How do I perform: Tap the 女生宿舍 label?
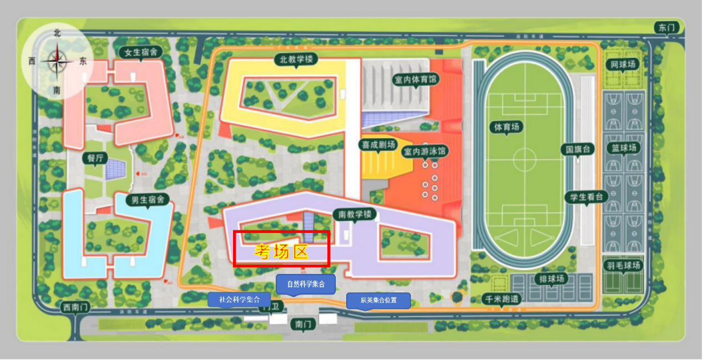pyautogui.click(x=141, y=52)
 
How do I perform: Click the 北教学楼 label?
pyautogui.click(x=294, y=59)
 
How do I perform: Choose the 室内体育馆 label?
pyautogui.click(x=416, y=79)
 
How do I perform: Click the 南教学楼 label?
pyautogui.click(x=355, y=214)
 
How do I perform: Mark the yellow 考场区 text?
pyautogui.click(x=281, y=252)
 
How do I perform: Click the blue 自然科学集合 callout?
pyautogui.click(x=306, y=284)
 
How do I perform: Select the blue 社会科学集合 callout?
pyautogui.click(x=239, y=300)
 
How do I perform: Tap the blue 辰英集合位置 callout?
pyautogui.click(x=378, y=301)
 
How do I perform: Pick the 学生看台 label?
pyautogui.click(x=586, y=196)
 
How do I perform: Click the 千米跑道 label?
pyautogui.click(x=503, y=298)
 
